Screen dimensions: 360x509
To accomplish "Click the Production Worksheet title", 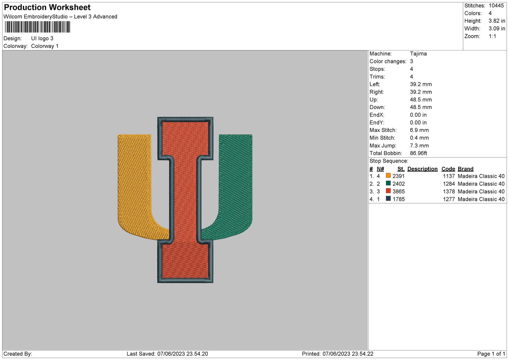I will [47, 8].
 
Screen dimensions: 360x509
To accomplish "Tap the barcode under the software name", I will [37, 28].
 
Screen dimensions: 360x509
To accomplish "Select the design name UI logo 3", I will [42, 38].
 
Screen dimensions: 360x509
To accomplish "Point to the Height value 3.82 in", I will [497, 21].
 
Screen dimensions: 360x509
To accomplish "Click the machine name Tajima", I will [418, 54].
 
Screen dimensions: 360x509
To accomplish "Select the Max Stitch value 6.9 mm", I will [420, 130].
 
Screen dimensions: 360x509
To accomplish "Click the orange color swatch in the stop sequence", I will [388, 176].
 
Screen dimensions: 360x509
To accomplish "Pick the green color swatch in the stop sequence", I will [388, 184].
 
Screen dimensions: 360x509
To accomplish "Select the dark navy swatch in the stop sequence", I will [388, 199].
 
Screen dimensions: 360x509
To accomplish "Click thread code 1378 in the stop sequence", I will [448, 191].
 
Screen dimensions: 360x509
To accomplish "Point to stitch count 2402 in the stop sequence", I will [399, 184].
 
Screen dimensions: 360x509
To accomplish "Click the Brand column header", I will [465, 169].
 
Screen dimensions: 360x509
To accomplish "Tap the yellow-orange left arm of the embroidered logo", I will [134, 183].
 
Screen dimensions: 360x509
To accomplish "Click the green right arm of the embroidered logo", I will [236, 183].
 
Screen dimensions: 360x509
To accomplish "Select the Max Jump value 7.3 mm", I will [420, 146].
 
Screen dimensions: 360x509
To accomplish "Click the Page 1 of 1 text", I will [491, 354].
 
